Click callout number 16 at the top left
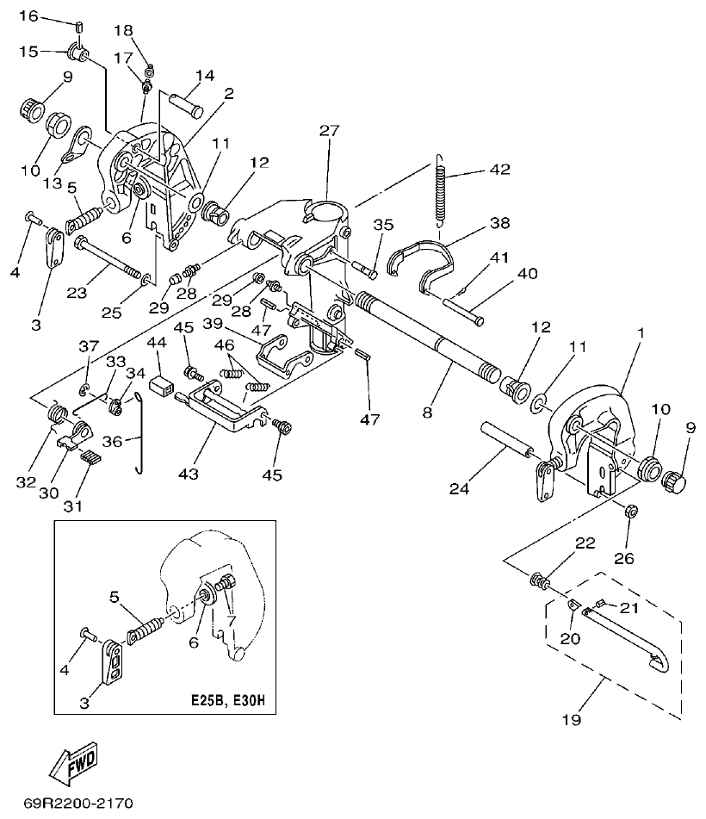28,16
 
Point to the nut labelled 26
630,511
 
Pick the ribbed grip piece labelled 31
90,458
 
